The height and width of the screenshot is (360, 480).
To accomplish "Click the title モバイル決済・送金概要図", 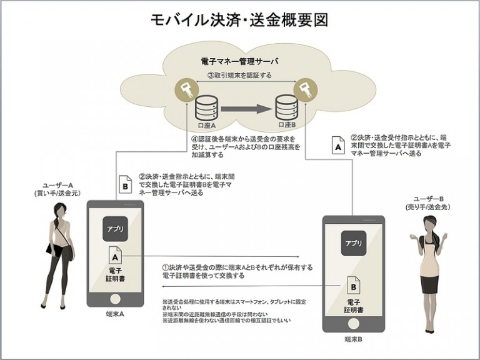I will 240,20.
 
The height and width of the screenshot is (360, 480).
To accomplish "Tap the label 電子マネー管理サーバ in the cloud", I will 240,62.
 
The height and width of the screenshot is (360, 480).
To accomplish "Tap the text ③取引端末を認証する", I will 239,75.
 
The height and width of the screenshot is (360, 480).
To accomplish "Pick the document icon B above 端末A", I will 124,186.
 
